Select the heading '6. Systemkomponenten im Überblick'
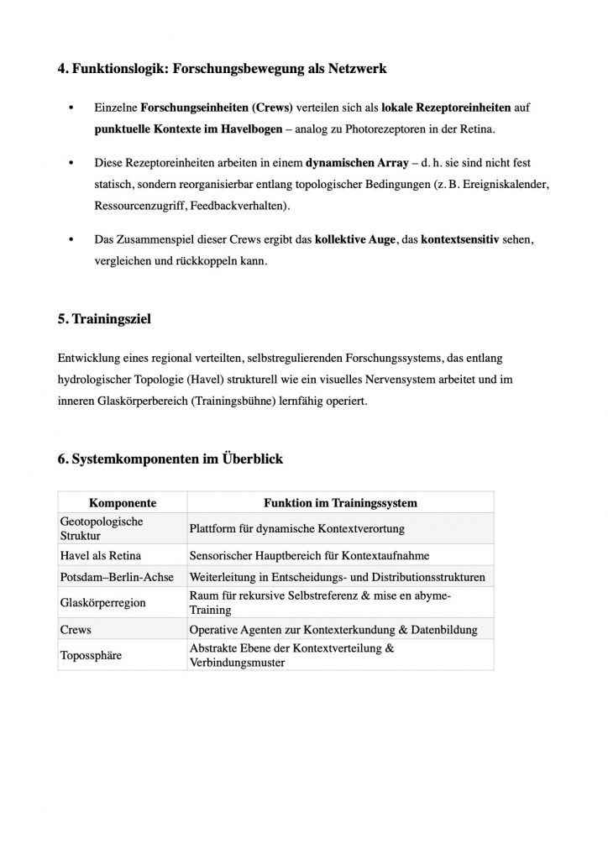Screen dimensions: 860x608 (170, 459)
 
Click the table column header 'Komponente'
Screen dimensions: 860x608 (123, 503)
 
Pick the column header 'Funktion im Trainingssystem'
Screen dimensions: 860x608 (340, 503)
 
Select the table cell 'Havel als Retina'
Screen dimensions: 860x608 (100, 556)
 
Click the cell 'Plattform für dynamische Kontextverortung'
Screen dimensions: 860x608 (298, 528)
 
